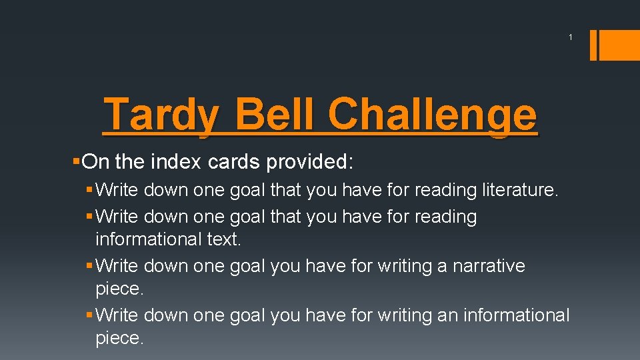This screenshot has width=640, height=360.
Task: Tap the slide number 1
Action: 571,37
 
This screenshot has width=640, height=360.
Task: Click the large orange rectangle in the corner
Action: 619,45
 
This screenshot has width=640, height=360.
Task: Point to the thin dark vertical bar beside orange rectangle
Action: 593,45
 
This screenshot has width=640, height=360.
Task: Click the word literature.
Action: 519,190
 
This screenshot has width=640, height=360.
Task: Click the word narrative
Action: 489,265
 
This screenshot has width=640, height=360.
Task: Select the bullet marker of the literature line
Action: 91,190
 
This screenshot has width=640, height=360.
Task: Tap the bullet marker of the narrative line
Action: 91,265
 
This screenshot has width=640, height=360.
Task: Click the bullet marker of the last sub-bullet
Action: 91,314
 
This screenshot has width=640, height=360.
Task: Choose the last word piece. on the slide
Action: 119,338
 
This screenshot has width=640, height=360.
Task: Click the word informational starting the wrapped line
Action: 149,239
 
